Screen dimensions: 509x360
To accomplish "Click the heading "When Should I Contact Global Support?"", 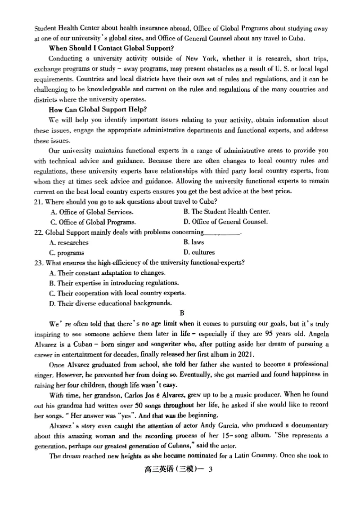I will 112,48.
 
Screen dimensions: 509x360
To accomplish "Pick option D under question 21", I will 225,222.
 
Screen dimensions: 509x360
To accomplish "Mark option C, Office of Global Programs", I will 93,222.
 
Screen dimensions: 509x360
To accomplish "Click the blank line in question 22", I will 222,233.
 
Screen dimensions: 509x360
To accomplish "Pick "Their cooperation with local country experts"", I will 117,293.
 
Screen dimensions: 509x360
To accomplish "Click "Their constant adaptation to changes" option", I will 107,273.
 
